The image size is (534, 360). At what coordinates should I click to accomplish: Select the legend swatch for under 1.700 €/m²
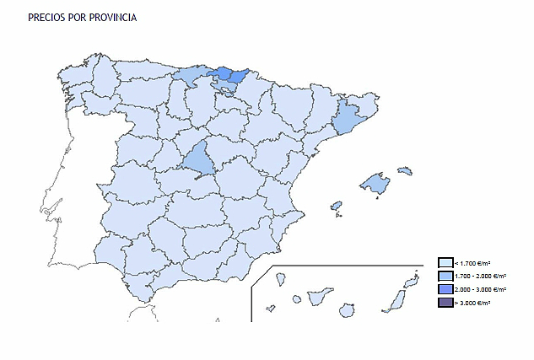click(445, 262)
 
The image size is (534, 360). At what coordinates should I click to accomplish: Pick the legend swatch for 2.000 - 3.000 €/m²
click(445, 289)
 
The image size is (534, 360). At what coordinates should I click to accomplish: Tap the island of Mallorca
click(375, 182)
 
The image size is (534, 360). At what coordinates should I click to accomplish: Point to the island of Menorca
click(405, 171)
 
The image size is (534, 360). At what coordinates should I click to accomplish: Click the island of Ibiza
click(336, 205)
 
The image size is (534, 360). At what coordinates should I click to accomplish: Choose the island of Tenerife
click(321, 297)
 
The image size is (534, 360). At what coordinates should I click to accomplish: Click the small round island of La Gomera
click(297, 299)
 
